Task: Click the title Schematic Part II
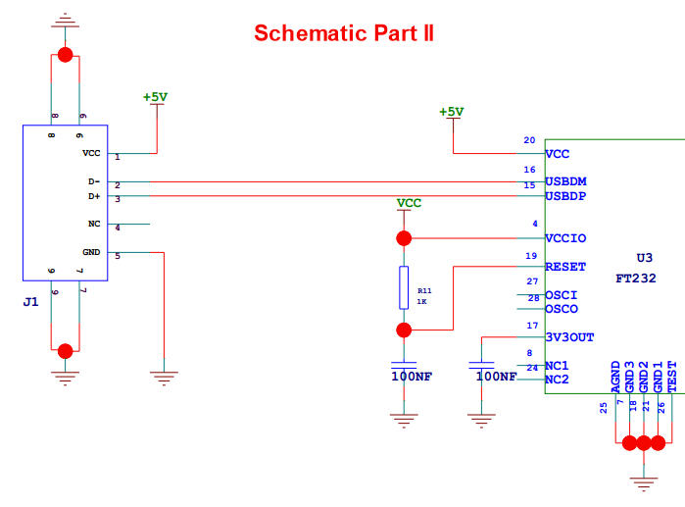pyautogui.click(x=344, y=33)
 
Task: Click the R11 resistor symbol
pyautogui.click(x=402, y=286)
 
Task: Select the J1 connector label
pyautogui.click(x=30, y=302)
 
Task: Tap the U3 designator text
pyautogui.click(x=644, y=258)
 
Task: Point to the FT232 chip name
pyautogui.click(x=636, y=278)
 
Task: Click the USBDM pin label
pyautogui.click(x=566, y=181)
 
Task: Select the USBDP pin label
pyautogui.click(x=566, y=196)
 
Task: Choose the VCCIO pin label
pyautogui.click(x=565, y=238)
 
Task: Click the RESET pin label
pyautogui.click(x=565, y=266)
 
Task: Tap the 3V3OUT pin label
pyautogui.click(x=569, y=337)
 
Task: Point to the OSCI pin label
pyautogui.click(x=562, y=294)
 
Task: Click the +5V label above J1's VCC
pyautogui.click(x=155, y=97)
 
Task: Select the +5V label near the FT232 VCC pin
pyautogui.click(x=451, y=112)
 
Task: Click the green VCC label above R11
pyautogui.click(x=409, y=203)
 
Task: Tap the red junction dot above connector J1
pyautogui.click(x=66, y=55)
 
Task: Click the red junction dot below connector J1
pyautogui.click(x=66, y=351)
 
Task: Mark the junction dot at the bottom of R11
pyautogui.click(x=402, y=330)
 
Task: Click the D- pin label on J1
pyautogui.click(x=93, y=181)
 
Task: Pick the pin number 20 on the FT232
pyautogui.click(x=529, y=140)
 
